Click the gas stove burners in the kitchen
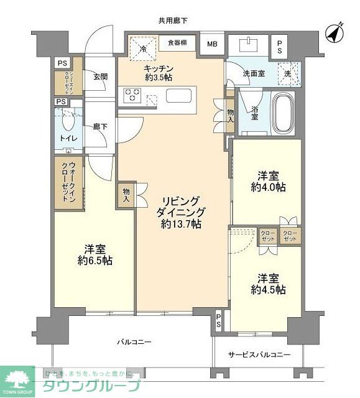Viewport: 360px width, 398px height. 133,95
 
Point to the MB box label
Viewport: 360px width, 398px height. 213,44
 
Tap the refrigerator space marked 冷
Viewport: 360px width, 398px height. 142,48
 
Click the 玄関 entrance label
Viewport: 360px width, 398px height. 100,77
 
